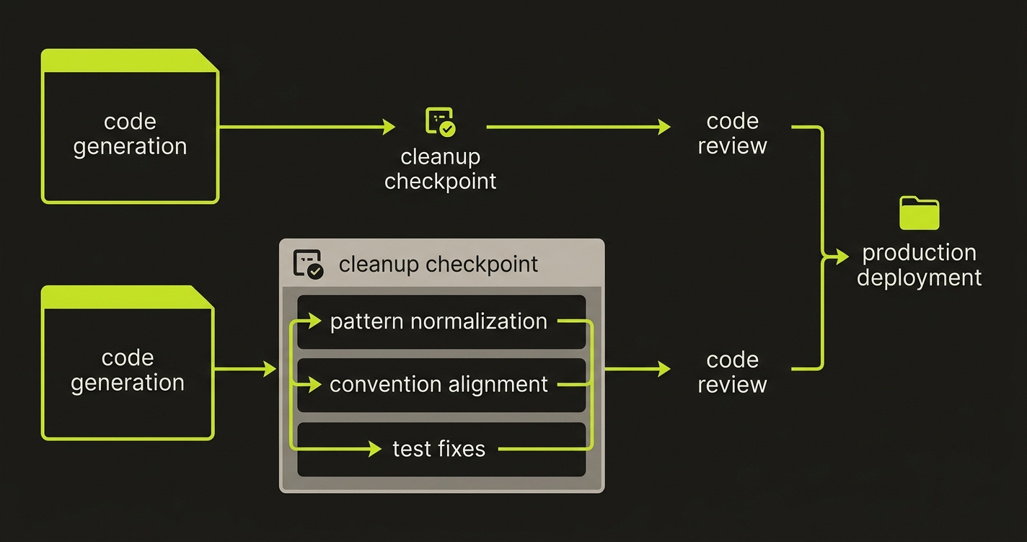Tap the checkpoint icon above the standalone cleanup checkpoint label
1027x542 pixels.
pyautogui.click(x=440, y=122)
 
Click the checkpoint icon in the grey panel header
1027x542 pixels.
pyautogui.click(x=308, y=265)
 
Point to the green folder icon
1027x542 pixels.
pyautogui.click(x=919, y=213)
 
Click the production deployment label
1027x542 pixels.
pyautogui.click(x=919, y=265)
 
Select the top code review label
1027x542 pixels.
pyautogui.click(x=732, y=133)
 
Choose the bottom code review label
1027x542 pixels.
pyautogui.click(x=732, y=372)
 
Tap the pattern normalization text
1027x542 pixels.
pyautogui.click(x=438, y=321)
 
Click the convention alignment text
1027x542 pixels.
pyautogui.click(x=438, y=384)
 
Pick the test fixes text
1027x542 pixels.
pyautogui.click(x=438, y=449)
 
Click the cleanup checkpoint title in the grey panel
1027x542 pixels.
pyautogui.click(x=438, y=264)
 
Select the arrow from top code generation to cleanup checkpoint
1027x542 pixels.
pyautogui.click(x=307, y=127)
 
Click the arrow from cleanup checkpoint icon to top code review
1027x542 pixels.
pyautogui.click(x=577, y=127)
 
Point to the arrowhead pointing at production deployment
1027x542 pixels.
pyautogui.click(x=842, y=256)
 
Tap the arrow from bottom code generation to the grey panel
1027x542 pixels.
pyautogui.click(x=245, y=369)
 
